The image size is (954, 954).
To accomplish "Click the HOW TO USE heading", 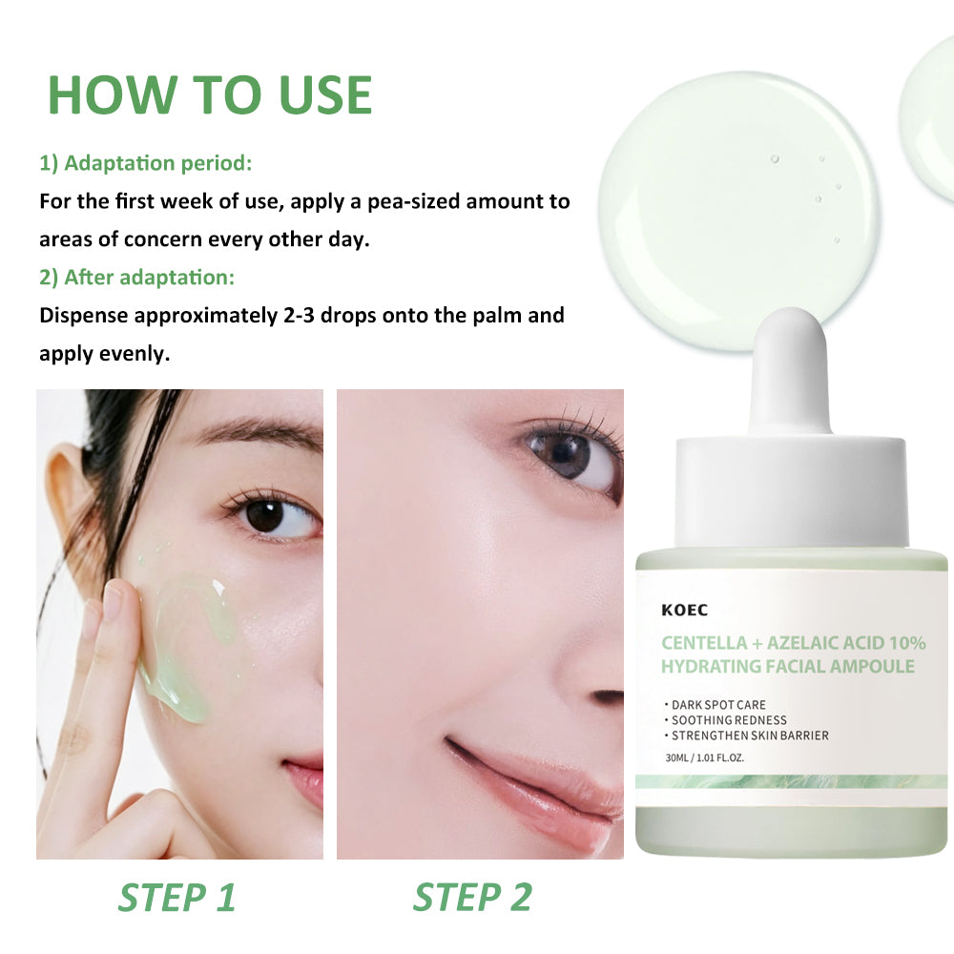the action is [x=210, y=94].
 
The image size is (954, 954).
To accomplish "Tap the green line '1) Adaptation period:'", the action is [x=145, y=163].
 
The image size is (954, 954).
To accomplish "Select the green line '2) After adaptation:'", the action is [x=136, y=278].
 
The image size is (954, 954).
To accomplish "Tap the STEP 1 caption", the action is [x=176, y=898].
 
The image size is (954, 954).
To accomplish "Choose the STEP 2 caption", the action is [x=472, y=898].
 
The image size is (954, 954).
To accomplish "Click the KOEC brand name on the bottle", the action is [x=684, y=611].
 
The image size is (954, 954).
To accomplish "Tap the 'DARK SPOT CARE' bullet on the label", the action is [x=715, y=705].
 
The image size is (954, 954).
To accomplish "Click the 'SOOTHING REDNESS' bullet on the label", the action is [x=726, y=719].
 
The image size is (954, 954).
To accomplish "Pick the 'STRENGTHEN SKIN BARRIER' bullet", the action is [x=747, y=736].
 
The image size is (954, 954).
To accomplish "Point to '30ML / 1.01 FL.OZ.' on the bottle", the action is [x=705, y=757].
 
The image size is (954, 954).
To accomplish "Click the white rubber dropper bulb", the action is [x=790, y=371].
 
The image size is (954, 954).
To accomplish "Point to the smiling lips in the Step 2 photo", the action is [x=535, y=785].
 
